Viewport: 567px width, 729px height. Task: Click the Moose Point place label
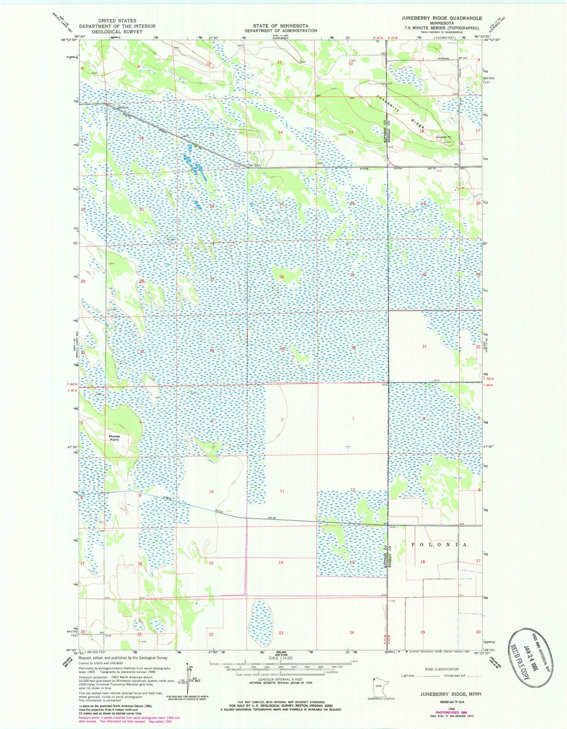point(115,438)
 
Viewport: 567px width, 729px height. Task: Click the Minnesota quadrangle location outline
point(379,687)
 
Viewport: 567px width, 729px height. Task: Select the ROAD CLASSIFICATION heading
point(441,669)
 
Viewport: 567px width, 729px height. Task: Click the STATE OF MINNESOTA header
point(281,25)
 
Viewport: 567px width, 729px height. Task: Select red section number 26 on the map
point(281,277)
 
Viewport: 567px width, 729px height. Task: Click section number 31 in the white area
point(424,346)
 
